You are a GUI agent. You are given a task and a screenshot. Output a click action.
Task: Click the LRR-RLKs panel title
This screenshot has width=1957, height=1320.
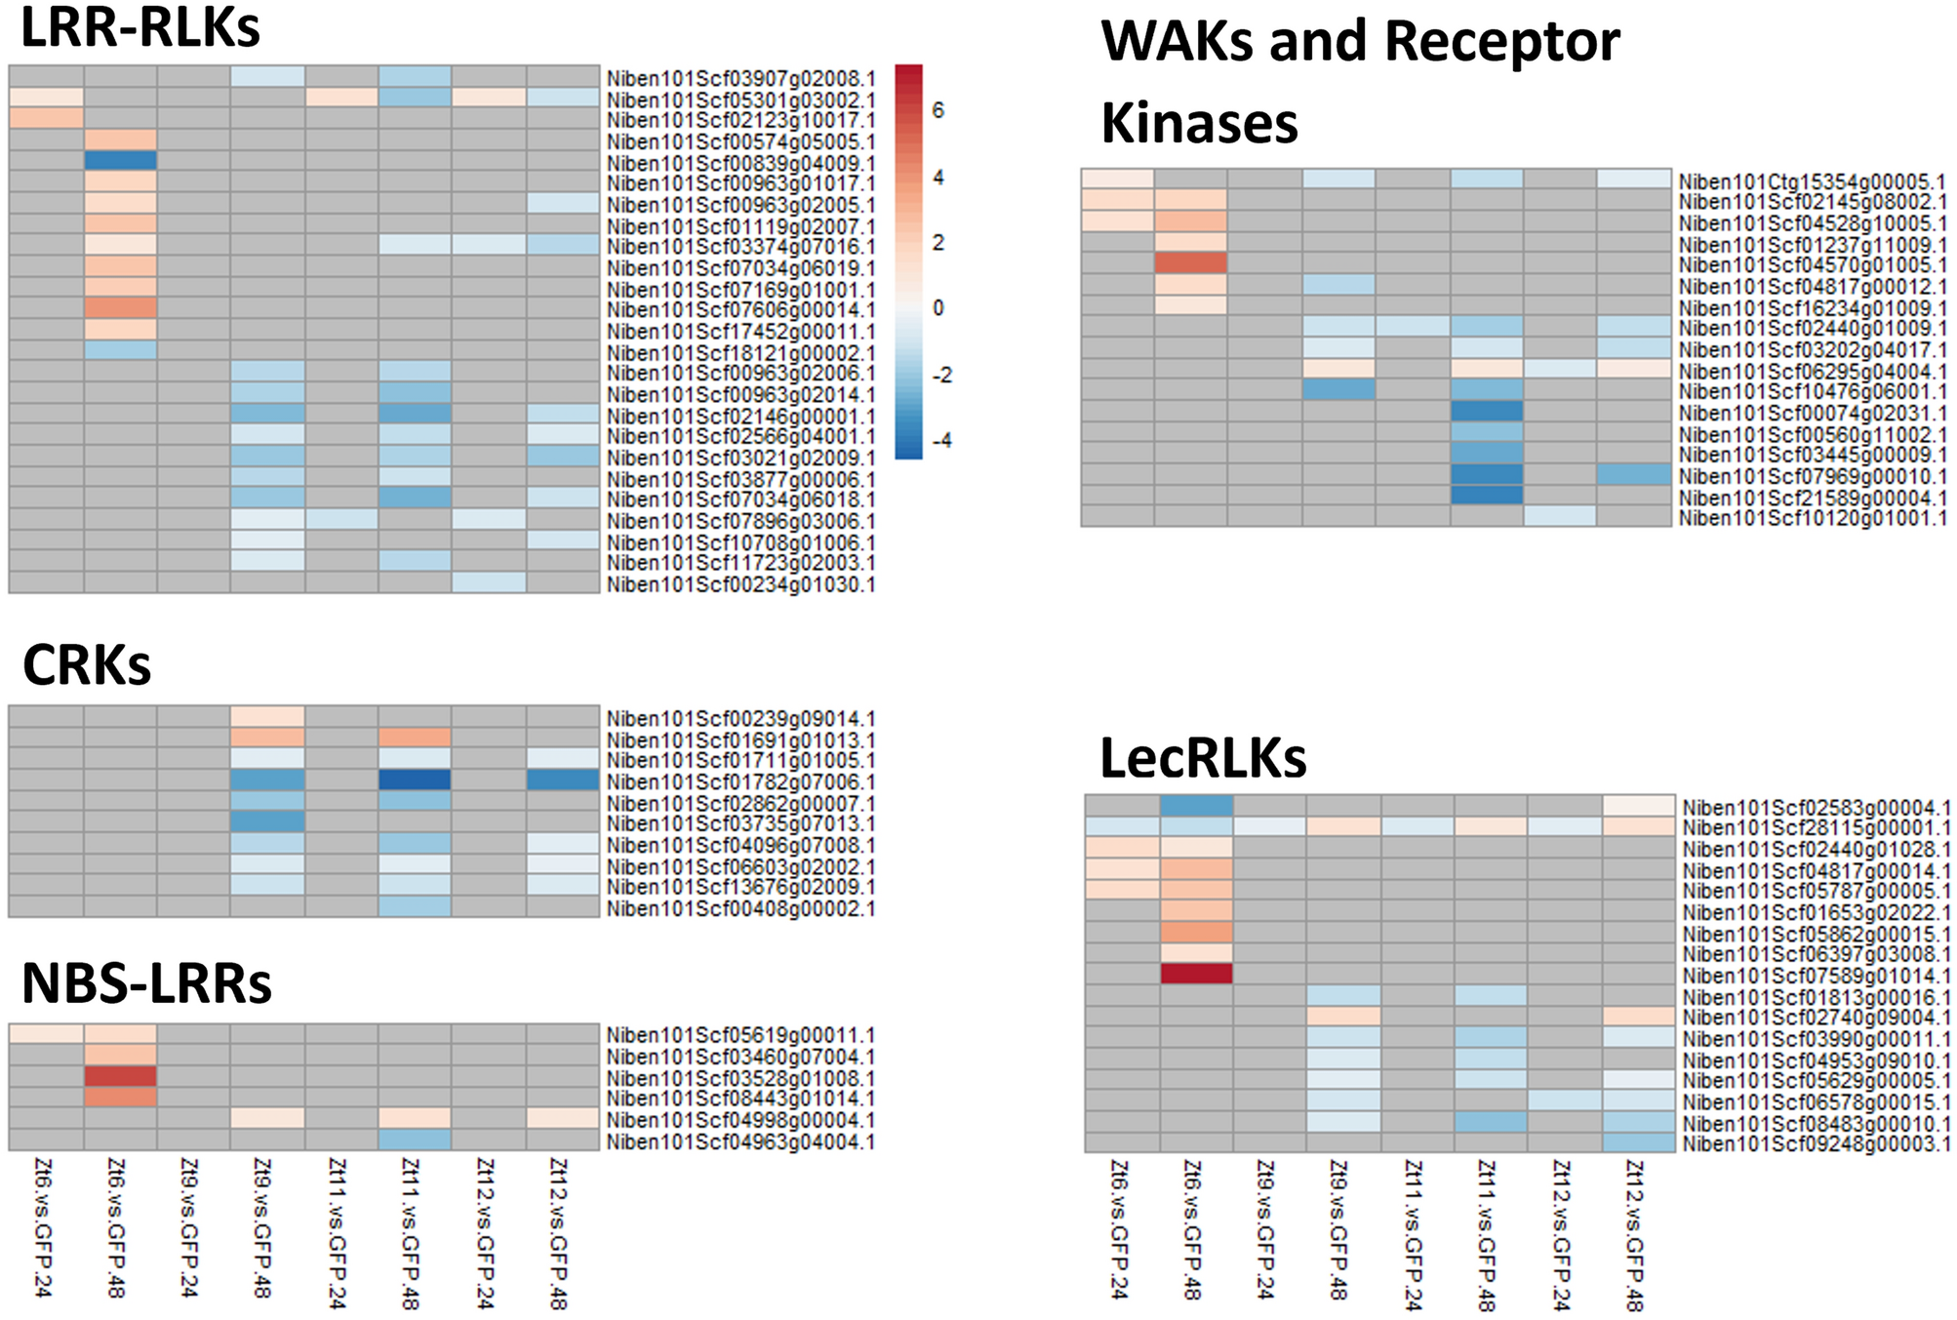coord(140,27)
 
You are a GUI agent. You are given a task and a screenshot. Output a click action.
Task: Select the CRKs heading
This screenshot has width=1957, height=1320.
coord(87,666)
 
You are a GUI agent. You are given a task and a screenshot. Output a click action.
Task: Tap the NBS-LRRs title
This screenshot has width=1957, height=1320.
coord(146,983)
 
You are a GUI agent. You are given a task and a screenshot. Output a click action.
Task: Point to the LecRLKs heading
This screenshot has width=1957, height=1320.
coord(1203,758)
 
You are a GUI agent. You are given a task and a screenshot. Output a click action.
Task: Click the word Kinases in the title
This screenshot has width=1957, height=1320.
coord(1199,124)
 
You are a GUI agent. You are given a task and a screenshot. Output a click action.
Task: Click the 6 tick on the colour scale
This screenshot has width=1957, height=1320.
coord(939,111)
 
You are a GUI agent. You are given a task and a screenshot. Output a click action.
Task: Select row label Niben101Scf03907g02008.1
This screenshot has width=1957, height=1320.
coord(740,78)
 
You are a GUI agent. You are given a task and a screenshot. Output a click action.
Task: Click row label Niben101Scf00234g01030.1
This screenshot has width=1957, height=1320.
coord(740,584)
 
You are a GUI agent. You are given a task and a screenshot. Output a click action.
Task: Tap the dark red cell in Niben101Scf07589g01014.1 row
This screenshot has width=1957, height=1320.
coord(1197,974)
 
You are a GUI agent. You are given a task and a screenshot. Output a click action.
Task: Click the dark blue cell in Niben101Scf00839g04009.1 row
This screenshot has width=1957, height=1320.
coord(120,161)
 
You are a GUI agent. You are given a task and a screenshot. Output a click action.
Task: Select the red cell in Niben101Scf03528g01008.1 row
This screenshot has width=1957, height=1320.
coord(120,1077)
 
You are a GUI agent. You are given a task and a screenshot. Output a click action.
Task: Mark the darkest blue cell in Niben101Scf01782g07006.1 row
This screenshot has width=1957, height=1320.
coord(415,780)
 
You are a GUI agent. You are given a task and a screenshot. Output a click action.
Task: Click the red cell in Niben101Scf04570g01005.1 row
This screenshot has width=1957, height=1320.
coord(1191,263)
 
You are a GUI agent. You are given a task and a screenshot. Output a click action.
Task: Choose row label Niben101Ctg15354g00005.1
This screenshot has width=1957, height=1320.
coord(1812,181)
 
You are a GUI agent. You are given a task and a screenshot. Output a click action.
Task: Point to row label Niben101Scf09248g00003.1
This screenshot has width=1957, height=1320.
coord(1816,1143)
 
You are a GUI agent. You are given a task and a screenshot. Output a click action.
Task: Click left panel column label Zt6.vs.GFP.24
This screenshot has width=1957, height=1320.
coord(43,1227)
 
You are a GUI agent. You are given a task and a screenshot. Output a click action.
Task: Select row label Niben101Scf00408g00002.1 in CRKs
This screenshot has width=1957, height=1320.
coord(740,908)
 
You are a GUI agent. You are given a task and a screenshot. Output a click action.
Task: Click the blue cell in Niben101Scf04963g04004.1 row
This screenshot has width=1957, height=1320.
coord(415,1140)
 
